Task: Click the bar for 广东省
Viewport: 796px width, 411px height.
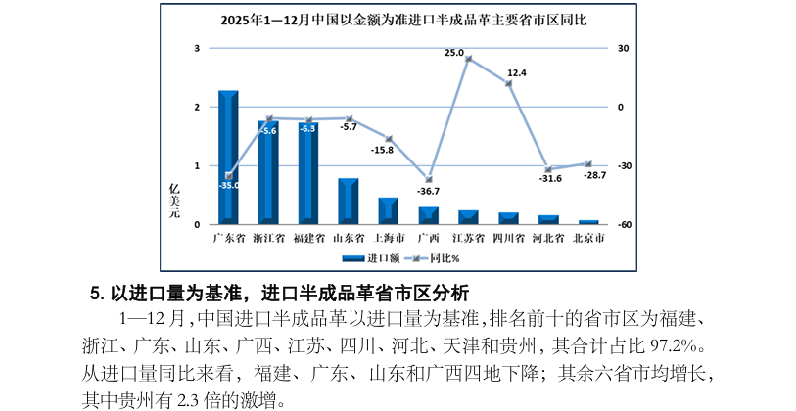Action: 228,157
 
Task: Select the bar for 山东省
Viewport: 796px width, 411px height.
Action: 349,202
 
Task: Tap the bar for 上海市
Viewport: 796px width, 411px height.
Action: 389,210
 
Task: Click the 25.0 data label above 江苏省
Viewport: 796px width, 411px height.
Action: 454,53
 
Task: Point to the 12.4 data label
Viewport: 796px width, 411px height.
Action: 517,72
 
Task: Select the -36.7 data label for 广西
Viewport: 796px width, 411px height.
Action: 428,191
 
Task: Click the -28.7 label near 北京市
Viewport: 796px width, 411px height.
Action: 595,175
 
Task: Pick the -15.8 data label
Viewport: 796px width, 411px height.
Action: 382,150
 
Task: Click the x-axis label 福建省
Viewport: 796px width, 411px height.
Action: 309,237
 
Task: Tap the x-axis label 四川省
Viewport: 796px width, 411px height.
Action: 508,237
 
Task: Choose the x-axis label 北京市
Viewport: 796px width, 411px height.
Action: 588,237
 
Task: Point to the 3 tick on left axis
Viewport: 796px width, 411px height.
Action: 198,48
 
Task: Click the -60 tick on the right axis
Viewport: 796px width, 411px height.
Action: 624,225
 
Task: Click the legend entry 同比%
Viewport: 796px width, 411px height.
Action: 435,258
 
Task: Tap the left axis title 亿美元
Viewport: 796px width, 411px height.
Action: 175,201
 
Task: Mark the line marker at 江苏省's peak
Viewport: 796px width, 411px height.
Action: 469,59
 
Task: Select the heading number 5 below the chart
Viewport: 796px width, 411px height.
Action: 95,292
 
